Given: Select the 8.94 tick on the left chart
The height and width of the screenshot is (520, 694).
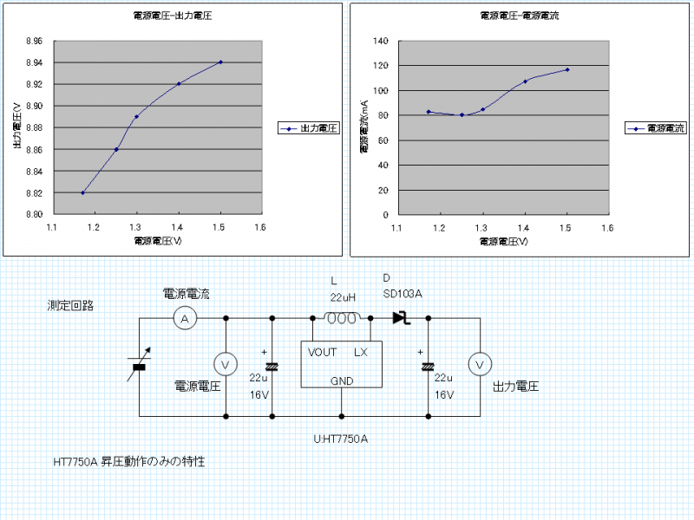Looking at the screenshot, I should click(34, 62).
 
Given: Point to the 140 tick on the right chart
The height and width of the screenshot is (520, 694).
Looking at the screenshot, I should click(380, 41).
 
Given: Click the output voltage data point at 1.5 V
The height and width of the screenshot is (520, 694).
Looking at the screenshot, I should click(221, 62).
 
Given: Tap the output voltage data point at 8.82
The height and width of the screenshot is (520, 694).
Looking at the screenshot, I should click(82, 192).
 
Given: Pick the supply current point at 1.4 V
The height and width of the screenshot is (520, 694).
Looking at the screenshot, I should click(525, 81).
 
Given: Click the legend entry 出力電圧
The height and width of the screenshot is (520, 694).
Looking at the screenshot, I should click(308, 127).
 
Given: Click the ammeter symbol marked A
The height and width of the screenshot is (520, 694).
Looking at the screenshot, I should click(184, 319).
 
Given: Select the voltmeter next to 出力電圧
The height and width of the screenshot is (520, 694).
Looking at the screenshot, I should click(477, 365).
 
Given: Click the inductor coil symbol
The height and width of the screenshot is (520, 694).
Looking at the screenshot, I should click(342, 318).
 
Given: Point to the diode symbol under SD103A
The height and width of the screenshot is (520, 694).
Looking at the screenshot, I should click(401, 318).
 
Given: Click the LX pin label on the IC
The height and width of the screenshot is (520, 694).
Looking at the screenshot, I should click(361, 352).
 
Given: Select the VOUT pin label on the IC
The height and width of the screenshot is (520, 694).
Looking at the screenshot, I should click(322, 352).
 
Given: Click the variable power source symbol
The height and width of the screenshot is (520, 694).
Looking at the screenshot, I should click(139, 367).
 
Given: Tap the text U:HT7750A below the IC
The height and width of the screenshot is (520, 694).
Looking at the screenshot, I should click(341, 439).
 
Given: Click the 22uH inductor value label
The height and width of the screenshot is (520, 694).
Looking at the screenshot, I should click(344, 297).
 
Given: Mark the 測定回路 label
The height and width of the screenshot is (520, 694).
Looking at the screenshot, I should click(71, 306).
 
